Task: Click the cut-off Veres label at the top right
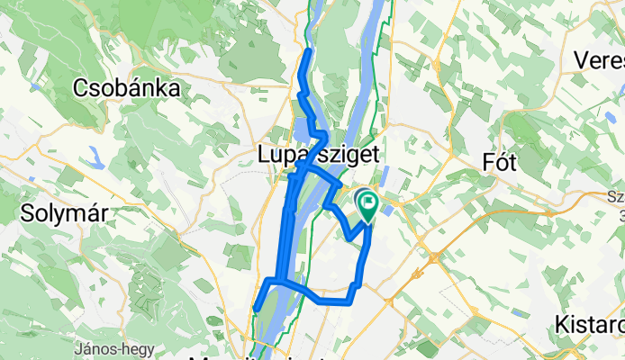coord(604,61)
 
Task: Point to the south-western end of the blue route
coord(257,310)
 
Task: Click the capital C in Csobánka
coord(85,88)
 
